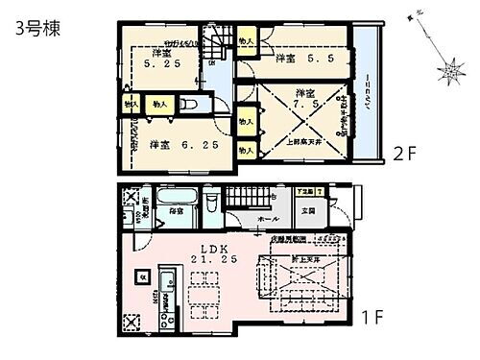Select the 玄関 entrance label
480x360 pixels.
pyautogui.click(x=308, y=210)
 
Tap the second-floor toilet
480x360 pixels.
pyautogui.click(x=189, y=105)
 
